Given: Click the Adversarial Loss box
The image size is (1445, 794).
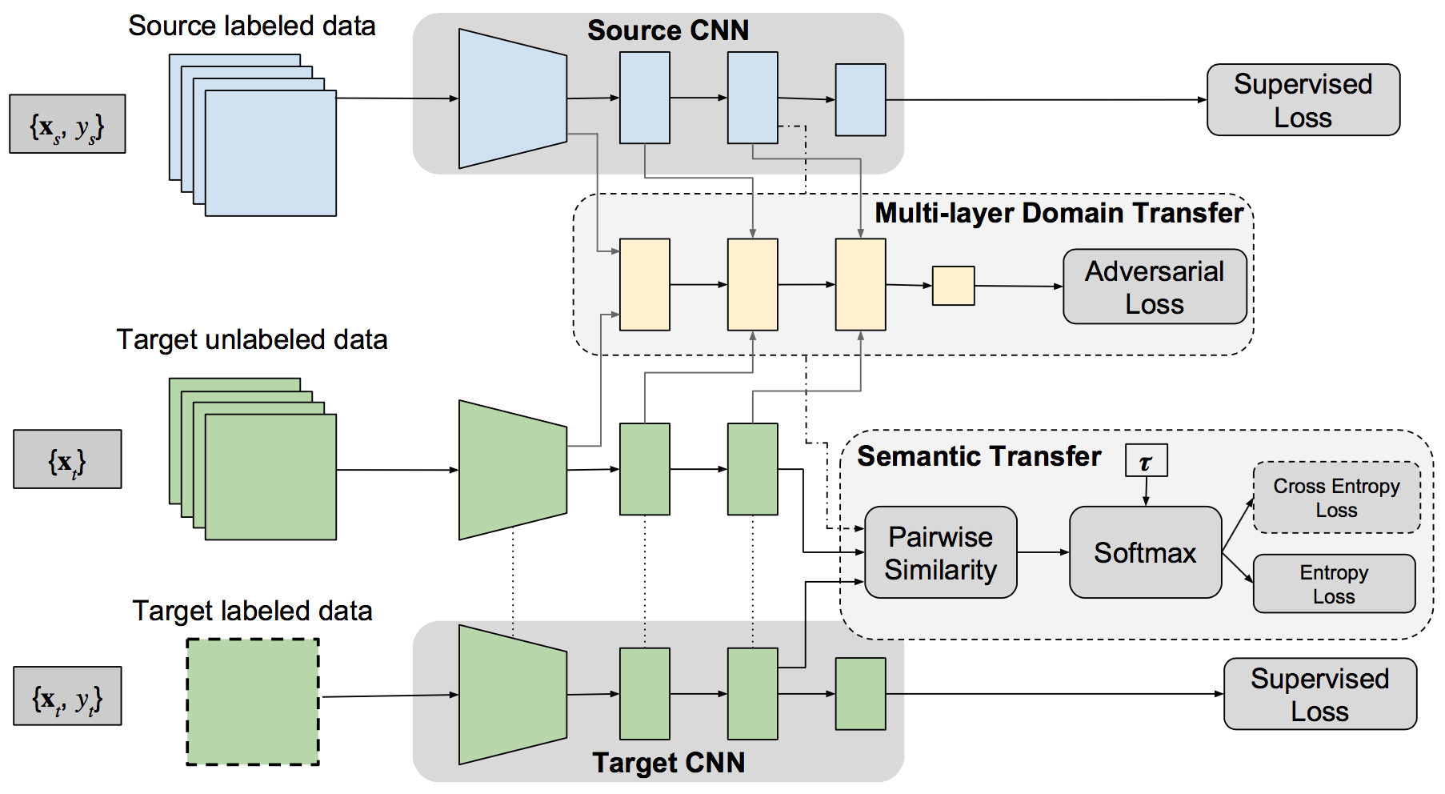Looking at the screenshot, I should click(1154, 287).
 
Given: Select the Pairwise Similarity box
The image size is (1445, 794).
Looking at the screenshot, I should click(940, 552).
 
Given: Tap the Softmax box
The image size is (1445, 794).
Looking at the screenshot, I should click(1145, 552).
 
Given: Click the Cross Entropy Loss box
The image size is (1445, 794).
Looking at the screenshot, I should click(1336, 497).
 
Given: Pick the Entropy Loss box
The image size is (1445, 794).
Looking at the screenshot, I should click(1334, 583).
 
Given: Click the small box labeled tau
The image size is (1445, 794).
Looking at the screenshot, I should click(1146, 461).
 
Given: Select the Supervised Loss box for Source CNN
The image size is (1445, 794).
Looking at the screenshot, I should click(1303, 100).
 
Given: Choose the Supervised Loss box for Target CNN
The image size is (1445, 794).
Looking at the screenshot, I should click(1319, 694).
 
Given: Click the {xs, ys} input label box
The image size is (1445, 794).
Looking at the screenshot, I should click(67, 124).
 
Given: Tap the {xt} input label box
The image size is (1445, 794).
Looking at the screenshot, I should click(67, 459).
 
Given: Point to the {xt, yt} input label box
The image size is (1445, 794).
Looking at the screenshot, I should click(67, 696).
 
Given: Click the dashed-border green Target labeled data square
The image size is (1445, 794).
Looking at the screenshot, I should click(253, 702).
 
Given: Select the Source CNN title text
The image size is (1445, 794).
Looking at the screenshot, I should click(668, 30).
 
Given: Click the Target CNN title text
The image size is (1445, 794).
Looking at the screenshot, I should click(668, 763).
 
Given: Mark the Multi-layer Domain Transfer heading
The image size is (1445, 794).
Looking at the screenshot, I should click(1059, 213).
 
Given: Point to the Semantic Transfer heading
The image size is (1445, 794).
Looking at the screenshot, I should click(979, 456).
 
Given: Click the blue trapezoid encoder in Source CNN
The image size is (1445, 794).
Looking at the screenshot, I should click(512, 98).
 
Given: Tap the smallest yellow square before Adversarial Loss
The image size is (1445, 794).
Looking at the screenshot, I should click(953, 286).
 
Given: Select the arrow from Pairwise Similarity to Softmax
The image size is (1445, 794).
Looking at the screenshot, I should click(1043, 552).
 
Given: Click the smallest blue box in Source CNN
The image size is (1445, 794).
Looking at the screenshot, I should click(860, 100).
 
